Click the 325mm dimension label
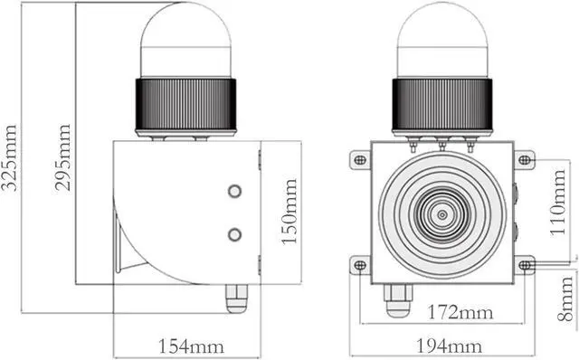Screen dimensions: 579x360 tap(9, 157)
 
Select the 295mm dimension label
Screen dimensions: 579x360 tap(62, 157)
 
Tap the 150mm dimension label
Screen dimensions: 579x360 tap(289, 212)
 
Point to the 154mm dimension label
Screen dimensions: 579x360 tap(191, 346)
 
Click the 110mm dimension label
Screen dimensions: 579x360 tap(557, 203)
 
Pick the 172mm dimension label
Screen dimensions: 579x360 tap(460, 312)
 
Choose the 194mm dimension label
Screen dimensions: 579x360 tap(449, 346)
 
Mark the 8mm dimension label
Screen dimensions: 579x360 tap(565, 298)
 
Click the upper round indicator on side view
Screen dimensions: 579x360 tap(234, 191)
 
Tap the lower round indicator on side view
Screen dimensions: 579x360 tap(234, 235)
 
